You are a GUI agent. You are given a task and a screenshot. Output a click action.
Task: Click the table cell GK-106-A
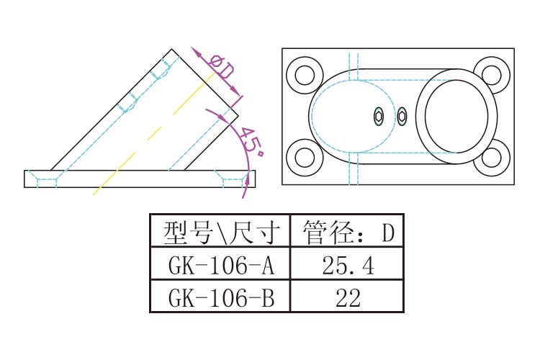click(220, 266)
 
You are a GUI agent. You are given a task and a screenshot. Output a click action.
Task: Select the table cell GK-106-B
click(220, 297)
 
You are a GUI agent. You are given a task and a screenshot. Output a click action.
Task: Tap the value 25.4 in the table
click(347, 266)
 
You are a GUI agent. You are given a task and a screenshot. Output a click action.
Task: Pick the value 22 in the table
click(347, 297)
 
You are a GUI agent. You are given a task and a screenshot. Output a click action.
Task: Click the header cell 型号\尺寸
click(220, 233)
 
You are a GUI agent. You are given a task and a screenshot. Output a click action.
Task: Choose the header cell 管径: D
click(347, 233)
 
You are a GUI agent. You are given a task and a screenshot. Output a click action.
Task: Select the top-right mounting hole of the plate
click(492, 74)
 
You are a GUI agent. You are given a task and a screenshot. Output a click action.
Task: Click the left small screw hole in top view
click(379, 116)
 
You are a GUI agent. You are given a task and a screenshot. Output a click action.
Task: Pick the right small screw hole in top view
click(402, 116)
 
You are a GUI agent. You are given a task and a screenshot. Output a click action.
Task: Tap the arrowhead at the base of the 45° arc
click(246, 189)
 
